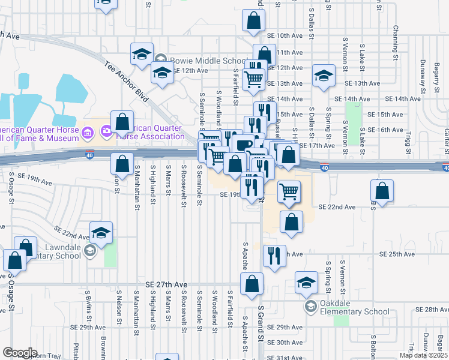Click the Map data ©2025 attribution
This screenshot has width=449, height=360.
423,355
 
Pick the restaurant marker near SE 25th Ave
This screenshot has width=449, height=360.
274,256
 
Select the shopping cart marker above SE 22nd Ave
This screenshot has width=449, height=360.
289,191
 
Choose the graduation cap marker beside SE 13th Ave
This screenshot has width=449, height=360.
324,76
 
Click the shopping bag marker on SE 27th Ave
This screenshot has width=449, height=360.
252,283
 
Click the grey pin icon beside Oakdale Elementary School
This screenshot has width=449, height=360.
310,307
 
